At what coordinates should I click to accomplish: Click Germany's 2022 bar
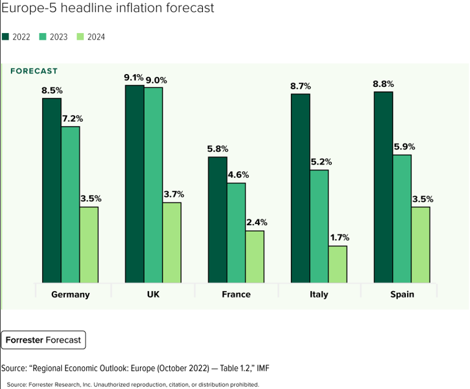tap(51, 190)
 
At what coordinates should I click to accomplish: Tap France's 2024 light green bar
tap(255, 257)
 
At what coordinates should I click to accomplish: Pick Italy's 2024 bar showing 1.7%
tap(337, 264)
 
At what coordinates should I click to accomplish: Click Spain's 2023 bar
tap(402, 219)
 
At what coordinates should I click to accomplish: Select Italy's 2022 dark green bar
tap(300, 188)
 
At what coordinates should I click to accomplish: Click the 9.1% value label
tap(133, 78)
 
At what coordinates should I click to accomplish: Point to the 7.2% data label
tap(72, 119)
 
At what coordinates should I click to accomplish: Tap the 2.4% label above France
tap(257, 223)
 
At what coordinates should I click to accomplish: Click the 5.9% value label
tap(403, 147)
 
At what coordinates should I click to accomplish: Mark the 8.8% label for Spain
tap(383, 84)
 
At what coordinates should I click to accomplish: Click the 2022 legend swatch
tap(6, 37)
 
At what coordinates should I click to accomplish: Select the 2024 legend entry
tap(91, 37)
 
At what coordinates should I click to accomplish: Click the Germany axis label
tap(70, 294)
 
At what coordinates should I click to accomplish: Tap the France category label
tap(236, 294)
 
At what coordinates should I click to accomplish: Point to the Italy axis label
tap(318, 294)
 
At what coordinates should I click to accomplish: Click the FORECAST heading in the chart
tap(34, 71)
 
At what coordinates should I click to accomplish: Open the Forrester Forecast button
tap(43, 340)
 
